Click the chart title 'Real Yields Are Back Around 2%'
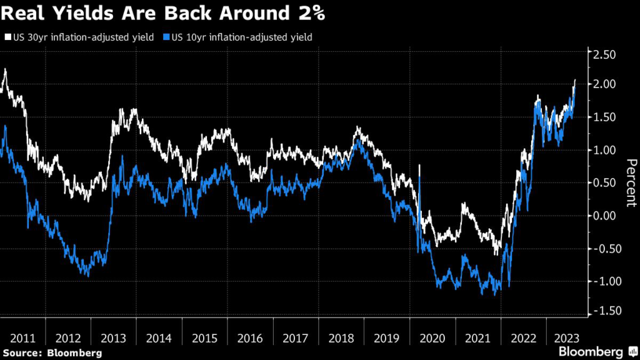pyautogui.click(x=162, y=12)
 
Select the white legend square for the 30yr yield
pyautogui.click(x=7, y=37)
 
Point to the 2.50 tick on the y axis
pyautogui.click(x=604, y=55)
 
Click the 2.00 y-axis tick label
pyautogui.click(x=604, y=84)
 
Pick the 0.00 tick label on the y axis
pyautogui.click(x=604, y=216)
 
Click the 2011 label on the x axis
pyautogui.click(x=22, y=338)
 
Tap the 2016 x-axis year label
pyautogui.click(x=250, y=338)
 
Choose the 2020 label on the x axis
pyautogui.click(x=432, y=338)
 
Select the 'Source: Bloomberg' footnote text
pyautogui.click(x=52, y=354)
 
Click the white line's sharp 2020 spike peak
pyautogui.click(x=419, y=166)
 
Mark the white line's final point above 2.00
pyautogui.click(x=575, y=80)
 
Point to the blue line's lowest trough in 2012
pyautogui.click(x=87, y=276)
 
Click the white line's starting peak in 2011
pyautogui.click(x=5, y=69)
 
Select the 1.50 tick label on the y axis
pyautogui.click(x=604, y=117)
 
